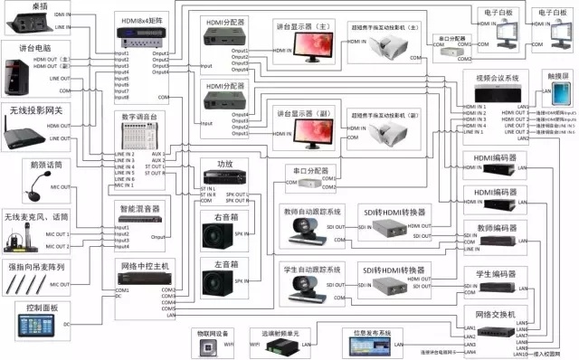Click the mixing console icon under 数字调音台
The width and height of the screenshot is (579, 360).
coord(140,135)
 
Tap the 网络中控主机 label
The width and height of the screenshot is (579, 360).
coord(143,268)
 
